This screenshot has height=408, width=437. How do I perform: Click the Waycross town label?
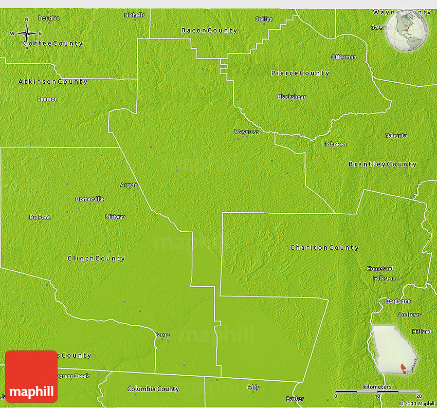coord(246,132)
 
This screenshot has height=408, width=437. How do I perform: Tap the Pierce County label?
coord(300,73)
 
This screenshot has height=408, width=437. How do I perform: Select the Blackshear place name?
coord(291,97)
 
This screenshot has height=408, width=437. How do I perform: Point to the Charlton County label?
coord(324,248)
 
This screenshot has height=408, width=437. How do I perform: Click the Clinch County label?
coord(96,258)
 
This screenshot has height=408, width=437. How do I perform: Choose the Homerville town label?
coord(89,199)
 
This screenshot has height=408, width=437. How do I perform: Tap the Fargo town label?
coord(162,335)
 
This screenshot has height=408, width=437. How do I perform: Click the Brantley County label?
coord(382,164)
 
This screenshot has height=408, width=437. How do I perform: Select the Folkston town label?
coord(385,278)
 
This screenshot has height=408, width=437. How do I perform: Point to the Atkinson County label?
coord(53,82)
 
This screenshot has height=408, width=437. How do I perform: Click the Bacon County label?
coord(209,31)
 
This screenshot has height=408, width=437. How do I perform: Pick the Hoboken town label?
coord(334,144)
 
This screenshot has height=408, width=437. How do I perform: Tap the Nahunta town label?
coord(396,136)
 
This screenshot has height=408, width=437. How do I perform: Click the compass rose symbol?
coord(26,34)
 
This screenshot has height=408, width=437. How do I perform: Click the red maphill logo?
coord(31,377)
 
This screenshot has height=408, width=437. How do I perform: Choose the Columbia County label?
coord(153,389)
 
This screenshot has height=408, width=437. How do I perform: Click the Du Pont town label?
coord(40,217)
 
